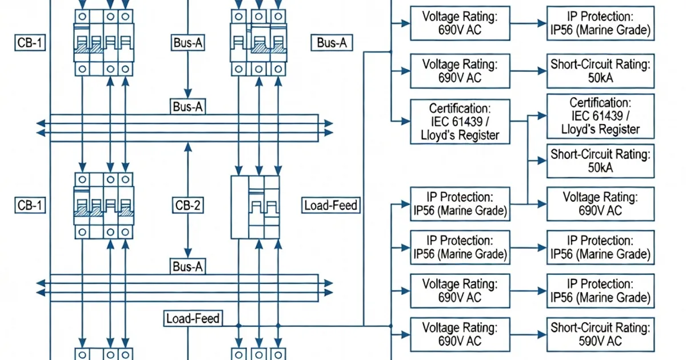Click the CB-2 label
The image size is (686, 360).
coord(187,205)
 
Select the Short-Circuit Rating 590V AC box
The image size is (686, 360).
coord(600,334)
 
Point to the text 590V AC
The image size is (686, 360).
coord(600,341)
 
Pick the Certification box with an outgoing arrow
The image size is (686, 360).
coord(460,121)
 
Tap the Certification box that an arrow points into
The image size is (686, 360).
coord(600,117)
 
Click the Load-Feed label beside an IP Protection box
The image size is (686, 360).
coord(331,205)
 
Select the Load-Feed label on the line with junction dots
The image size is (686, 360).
coord(193,318)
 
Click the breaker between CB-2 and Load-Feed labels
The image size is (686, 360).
coord(256,206)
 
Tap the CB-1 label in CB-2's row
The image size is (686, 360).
coord(31,205)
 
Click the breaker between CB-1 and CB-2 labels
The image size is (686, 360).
coord(103,205)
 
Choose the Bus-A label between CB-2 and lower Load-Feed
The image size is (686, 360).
coord(187,266)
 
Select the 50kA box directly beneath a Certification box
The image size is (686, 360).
coord(600,161)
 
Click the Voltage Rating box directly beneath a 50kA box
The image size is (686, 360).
coord(600,204)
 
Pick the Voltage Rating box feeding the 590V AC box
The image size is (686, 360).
coord(460,334)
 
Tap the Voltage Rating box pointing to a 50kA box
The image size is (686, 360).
coord(460,70)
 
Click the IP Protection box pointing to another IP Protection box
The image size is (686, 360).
coord(460,247)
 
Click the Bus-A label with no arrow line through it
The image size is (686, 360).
coord(331,42)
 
